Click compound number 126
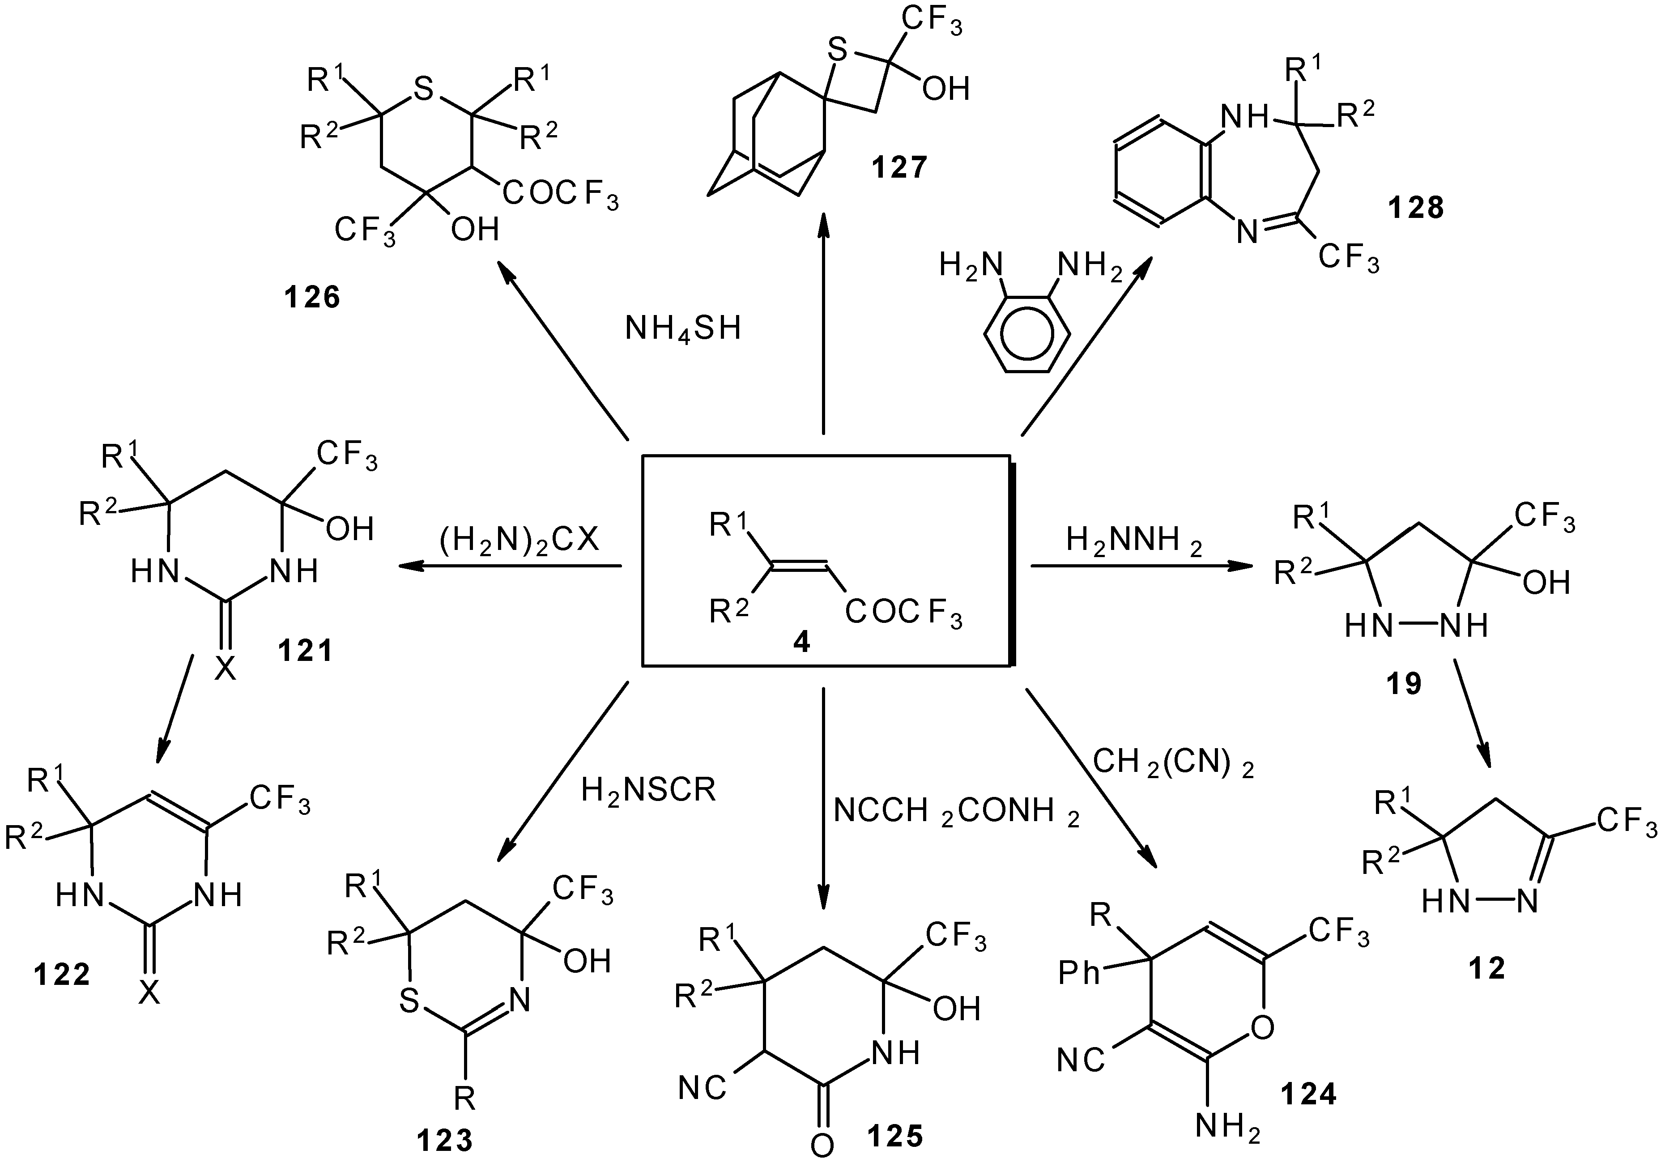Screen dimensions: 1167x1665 [x=312, y=298]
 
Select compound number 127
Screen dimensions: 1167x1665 [x=899, y=167]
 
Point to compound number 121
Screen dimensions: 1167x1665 [x=305, y=651]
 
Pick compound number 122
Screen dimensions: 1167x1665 [x=62, y=974]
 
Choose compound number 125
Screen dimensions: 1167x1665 [x=895, y=1135]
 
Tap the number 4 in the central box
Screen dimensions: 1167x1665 [x=801, y=642]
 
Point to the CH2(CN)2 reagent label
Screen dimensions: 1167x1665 [x=1173, y=763]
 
